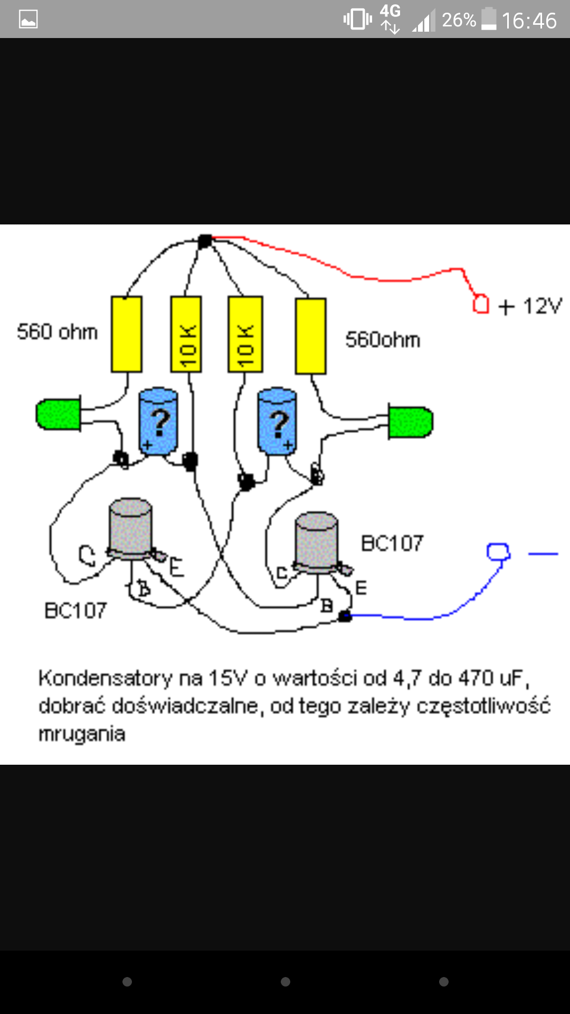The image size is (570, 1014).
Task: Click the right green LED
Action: click(410, 421)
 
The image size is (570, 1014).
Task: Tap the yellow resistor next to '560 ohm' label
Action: click(127, 334)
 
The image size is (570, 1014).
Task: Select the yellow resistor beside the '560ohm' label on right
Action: click(311, 336)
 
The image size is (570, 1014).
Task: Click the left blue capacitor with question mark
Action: click(158, 421)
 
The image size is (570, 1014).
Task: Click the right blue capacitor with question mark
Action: click(277, 421)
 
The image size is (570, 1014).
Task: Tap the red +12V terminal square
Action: click(481, 304)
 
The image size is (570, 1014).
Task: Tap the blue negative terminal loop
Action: click(498, 551)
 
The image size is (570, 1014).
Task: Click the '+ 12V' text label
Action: click(531, 306)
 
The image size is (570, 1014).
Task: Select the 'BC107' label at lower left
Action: click(75, 611)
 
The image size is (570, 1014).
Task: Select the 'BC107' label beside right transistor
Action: click(392, 543)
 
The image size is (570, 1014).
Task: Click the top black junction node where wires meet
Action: click(205, 241)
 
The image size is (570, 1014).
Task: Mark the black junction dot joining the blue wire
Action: click(345, 616)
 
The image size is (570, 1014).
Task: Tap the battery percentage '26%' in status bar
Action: click(459, 20)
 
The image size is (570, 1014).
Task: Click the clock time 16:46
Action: click(529, 21)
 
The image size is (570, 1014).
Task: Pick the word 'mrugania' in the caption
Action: click(82, 734)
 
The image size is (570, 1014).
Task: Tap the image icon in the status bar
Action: click(28, 20)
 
